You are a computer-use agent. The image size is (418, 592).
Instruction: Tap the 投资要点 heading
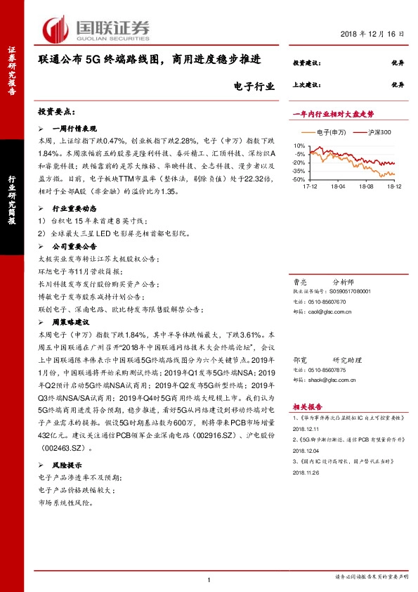click(x=56, y=112)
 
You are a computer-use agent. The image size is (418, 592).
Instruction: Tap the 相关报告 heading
click(x=308, y=406)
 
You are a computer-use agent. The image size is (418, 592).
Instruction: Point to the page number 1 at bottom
click(x=209, y=579)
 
